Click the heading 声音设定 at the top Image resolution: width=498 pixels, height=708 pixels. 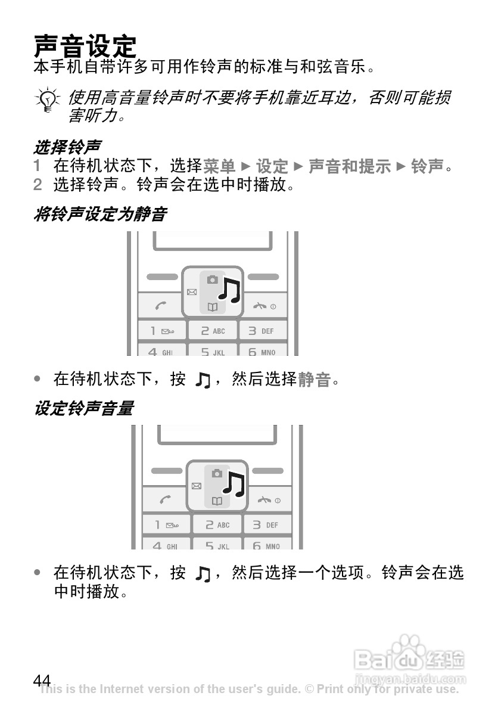tap(85, 45)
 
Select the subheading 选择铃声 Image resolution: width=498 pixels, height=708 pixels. tap(67, 146)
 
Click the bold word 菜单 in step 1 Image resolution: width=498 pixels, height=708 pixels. tap(219, 166)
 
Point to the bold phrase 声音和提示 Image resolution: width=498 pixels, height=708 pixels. tap(349, 166)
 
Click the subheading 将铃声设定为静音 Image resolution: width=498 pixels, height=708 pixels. tap(99, 214)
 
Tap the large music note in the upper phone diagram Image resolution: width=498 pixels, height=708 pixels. tap(229, 290)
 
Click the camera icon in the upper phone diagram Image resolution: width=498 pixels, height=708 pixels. tap(212, 280)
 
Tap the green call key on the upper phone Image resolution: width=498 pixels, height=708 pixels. tap(161, 306)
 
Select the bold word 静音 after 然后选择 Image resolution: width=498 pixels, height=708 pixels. tap(314, 379)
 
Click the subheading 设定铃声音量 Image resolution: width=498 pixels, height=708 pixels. tap(83, 409)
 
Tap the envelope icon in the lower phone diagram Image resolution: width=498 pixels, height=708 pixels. tap(197, 486)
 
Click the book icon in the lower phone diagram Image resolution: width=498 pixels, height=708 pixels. tap(217, 501)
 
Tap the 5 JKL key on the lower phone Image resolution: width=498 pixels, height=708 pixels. tap(217, 545)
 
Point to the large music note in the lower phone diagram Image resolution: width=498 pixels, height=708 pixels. tap(235, 484)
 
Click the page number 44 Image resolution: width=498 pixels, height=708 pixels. tap(42, 680)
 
